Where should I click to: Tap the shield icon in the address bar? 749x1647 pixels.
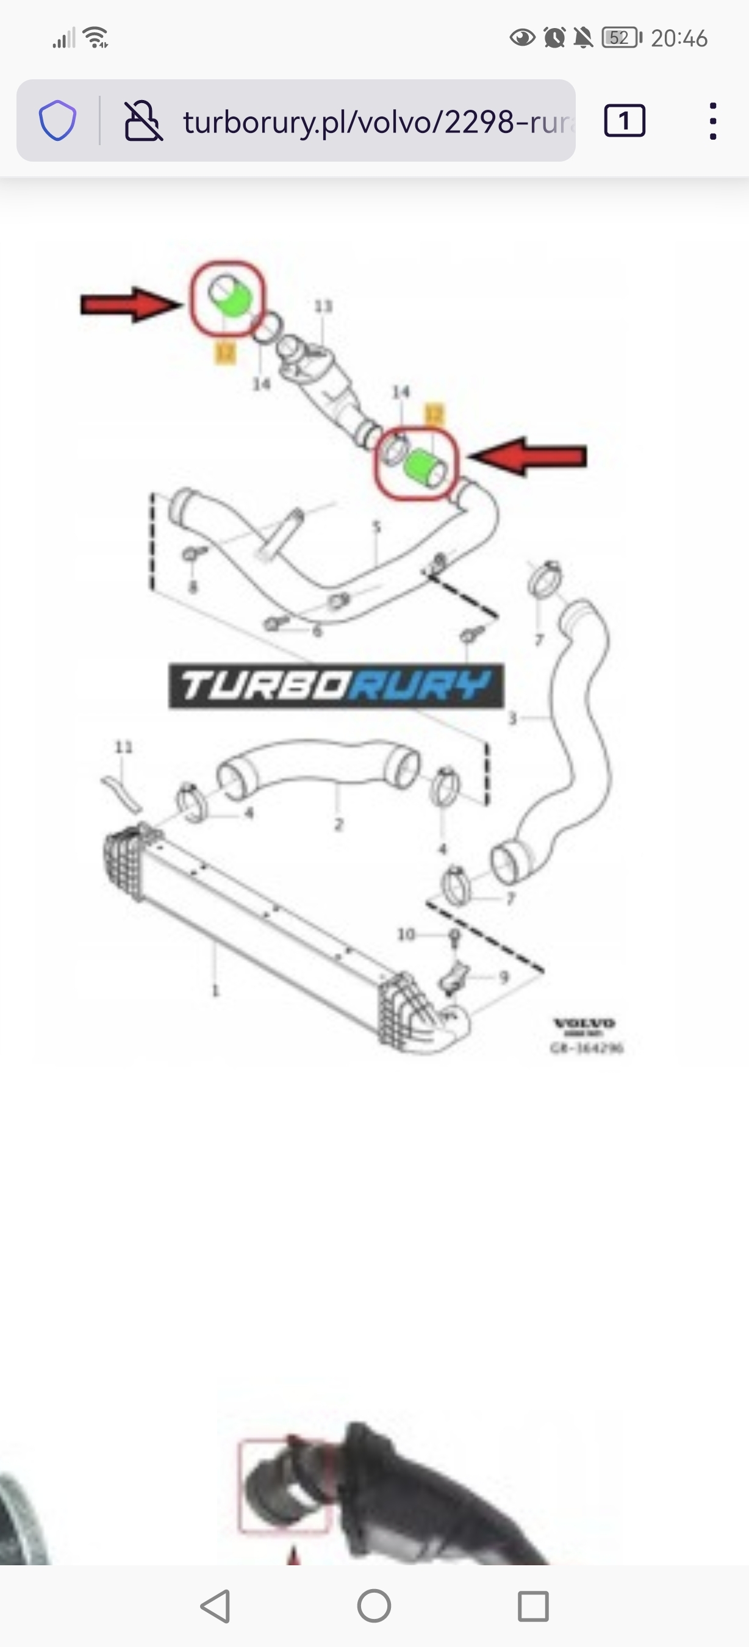(x=57, y=120)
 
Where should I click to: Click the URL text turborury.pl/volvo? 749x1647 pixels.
(x=377, y=121)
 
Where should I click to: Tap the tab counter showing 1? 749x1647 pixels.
(x=625, y=121)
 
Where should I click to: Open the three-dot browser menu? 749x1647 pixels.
(x=712, y=121)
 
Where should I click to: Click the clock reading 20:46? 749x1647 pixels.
(x=679, y=38)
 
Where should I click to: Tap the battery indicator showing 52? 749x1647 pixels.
(x=620, y=38)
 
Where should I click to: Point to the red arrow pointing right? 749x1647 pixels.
(x=131, y=304)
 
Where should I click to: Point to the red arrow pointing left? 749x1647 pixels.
(x=527, y=456)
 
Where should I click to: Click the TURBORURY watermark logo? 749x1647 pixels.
(x=336, y=686)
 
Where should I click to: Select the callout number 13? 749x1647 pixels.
(x=323, y=306)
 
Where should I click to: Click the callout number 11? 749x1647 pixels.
(x=123, y=747)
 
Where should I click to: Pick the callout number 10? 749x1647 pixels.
(x=406, y=935)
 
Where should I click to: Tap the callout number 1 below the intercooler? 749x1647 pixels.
(x=215, y=991)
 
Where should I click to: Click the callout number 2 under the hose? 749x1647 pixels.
(x=339, y=824)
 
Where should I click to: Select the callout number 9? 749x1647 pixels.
(x=504, y=978)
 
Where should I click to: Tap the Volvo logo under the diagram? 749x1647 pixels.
(x=584, y=1024)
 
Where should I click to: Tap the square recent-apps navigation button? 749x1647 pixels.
(x=533, y=1606)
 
